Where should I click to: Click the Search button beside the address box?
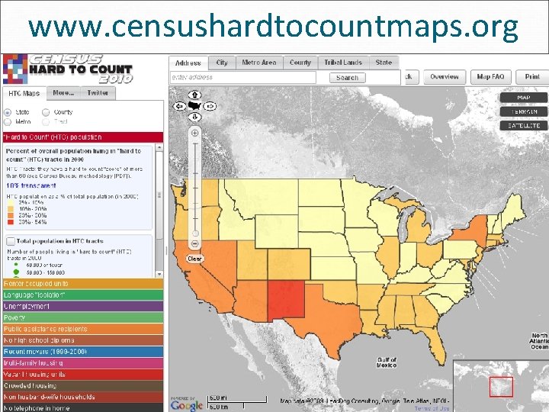click(x=347, y=77)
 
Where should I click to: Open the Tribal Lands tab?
click(x=342, y=63)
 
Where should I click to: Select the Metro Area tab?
click(x=259, y=63)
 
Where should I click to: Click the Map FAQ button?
click(x=491, y=76)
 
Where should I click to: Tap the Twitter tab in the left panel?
click(x=97, y=93)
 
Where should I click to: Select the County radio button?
click(x=47, y=112)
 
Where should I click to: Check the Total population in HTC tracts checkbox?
click(x=10, y=240)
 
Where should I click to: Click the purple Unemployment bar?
click(x=82, y=306)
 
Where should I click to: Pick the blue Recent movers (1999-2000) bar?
click(x=82, y=351)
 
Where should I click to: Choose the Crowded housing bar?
click(x=82, y=385)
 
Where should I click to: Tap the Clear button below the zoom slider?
click(x=195, y=259)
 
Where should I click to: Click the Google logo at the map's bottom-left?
click(x=188, y=404)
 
